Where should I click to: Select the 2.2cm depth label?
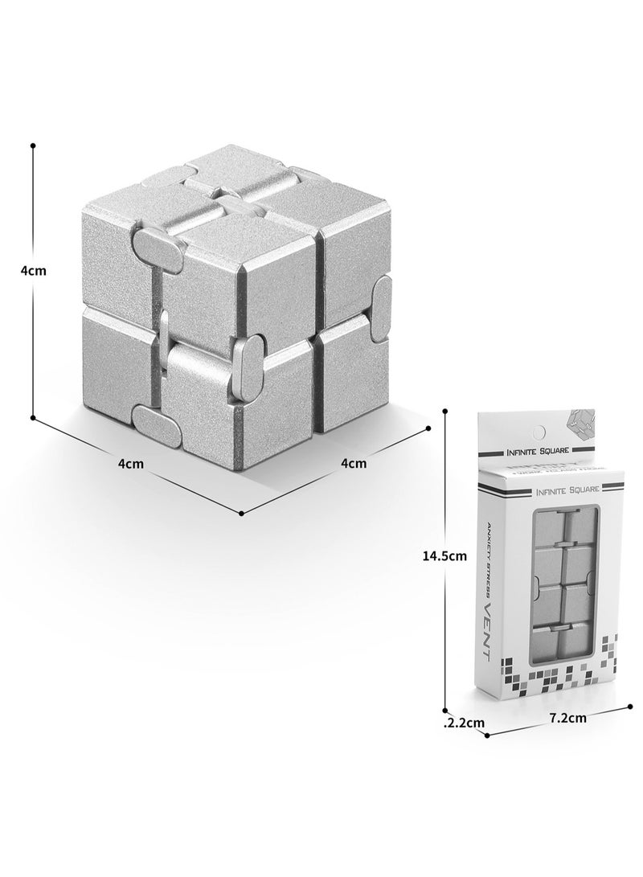click(466, 722)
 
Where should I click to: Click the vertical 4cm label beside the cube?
click(33, 271)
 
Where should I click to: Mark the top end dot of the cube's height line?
click(33, 146)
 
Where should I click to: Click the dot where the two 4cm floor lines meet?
click(242, 513)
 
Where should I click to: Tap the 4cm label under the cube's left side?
click(131, 463)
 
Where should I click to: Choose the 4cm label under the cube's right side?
click(354, 462)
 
